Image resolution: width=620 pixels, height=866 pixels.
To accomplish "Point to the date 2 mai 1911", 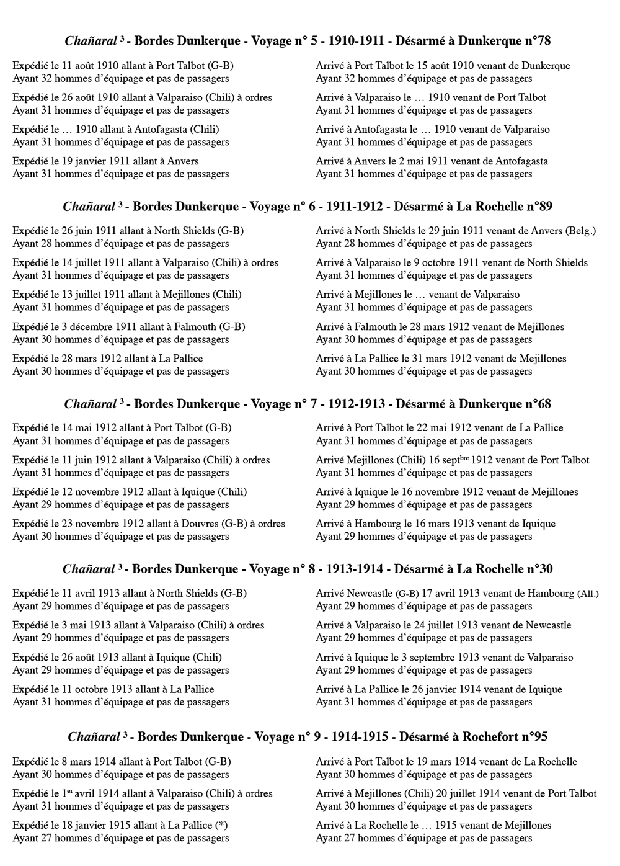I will pos(422,161).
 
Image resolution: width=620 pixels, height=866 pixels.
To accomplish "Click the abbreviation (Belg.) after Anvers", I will pos(581,231).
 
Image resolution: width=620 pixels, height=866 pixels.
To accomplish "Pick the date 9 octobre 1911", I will pos(445,262).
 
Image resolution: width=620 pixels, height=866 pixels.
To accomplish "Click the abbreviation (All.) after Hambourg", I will pos(588,594).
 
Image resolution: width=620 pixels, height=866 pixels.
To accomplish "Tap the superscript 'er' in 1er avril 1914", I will pos(70,791).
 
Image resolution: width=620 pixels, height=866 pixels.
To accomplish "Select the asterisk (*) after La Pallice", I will pos(221,825).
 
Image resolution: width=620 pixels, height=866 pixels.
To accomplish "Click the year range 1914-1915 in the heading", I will pos(360,736).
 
